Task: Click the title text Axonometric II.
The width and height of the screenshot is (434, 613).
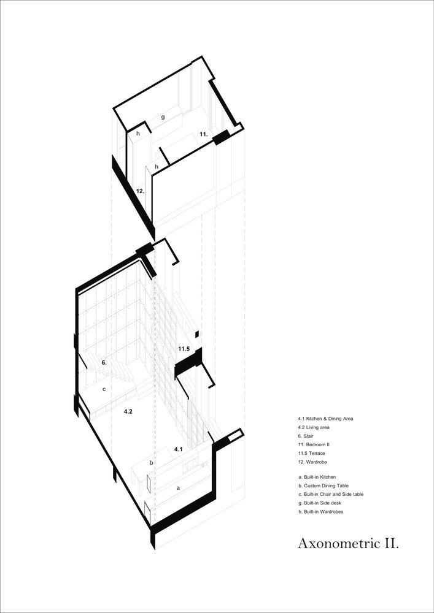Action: click(348, 543)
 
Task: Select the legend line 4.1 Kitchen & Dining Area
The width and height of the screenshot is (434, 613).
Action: click(326, 418)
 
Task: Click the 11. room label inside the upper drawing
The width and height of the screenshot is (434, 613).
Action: click(203, 134)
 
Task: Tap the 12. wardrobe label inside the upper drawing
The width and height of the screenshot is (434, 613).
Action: click(140, 191)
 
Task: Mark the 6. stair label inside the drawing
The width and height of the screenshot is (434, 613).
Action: click(104, 363)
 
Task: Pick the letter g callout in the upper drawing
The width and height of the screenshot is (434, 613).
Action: click(163, 116)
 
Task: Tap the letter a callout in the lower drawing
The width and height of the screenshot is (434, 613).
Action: click(178, 488)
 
